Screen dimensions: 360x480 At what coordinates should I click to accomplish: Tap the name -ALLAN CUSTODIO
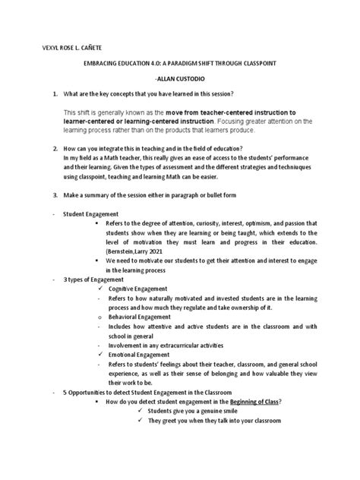click(x=179, y=79)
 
